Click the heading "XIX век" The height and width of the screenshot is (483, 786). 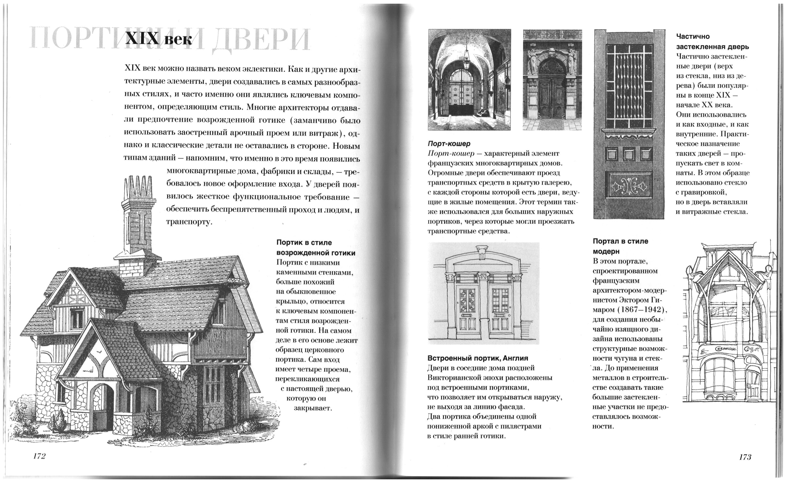(159, 40)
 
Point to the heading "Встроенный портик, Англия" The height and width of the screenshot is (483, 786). (477, 358)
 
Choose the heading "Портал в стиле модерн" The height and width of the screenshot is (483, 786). (620, 246)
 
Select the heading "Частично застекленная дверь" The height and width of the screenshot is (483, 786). (712, 41)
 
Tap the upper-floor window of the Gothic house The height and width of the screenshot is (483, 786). (77, 318)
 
